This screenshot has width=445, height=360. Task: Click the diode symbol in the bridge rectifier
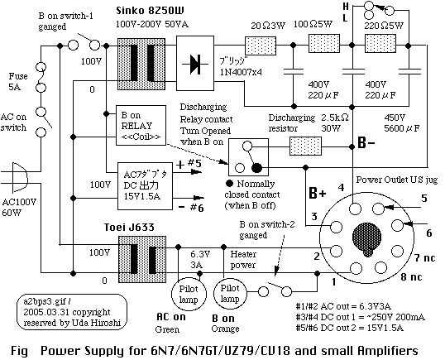(195, 64)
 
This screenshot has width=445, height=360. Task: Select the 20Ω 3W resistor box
(261, 46)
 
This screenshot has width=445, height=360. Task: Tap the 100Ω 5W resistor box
(324, 43)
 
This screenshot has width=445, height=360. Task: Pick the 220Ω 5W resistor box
(380, 43)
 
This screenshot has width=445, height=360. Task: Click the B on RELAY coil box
(141, 126)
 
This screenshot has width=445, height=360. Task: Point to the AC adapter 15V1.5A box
(145, 186)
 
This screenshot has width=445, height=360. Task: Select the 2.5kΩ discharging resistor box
(305, 146)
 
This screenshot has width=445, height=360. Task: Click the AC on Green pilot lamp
(189, 294)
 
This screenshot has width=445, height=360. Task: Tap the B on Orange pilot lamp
(230, 293)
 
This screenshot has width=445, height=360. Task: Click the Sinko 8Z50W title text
(151, 11)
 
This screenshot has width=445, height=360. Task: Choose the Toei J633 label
(129, 227)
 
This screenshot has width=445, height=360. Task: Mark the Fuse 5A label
(17, 81)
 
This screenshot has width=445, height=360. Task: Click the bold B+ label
(318, 194)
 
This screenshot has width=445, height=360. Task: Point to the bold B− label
(366, 143)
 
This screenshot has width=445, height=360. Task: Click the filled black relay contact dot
(257, 168)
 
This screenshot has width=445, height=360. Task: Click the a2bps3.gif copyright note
(72, 312)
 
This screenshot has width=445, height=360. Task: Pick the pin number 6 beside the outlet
(428, 233)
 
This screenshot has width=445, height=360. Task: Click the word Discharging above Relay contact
(203, 108)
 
